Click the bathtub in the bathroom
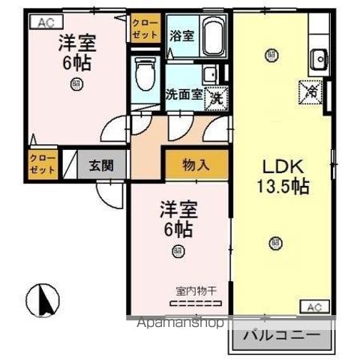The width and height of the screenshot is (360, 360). (x=215, y=37)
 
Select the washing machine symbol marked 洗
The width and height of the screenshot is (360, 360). (x=215, y=96)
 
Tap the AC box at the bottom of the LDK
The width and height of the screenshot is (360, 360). (x=314, y=306)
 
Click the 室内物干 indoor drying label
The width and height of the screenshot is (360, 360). (x=196, y=290)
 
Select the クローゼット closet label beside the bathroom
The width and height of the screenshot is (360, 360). (x=145, y=28)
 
